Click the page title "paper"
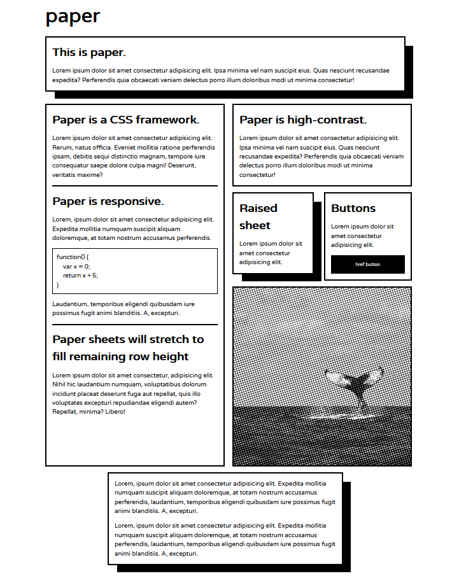click(x=73, y=17)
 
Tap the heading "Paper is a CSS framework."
click(x=125, y=120)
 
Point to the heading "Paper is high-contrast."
click(x=302, y=120)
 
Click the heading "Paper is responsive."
click(x=108, y=201)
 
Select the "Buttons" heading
click(x=353, y=208)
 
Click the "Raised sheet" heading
click(x=258, y=216)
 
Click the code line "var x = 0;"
click(x=76, y=266)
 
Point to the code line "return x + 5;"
click(x=80, y=276)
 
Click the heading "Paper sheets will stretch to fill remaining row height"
click(x=128, y=348)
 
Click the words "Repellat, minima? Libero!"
click(x=88, y=412)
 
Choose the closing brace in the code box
click(x=58, y=285)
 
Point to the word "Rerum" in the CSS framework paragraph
click(x=62, y=147)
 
